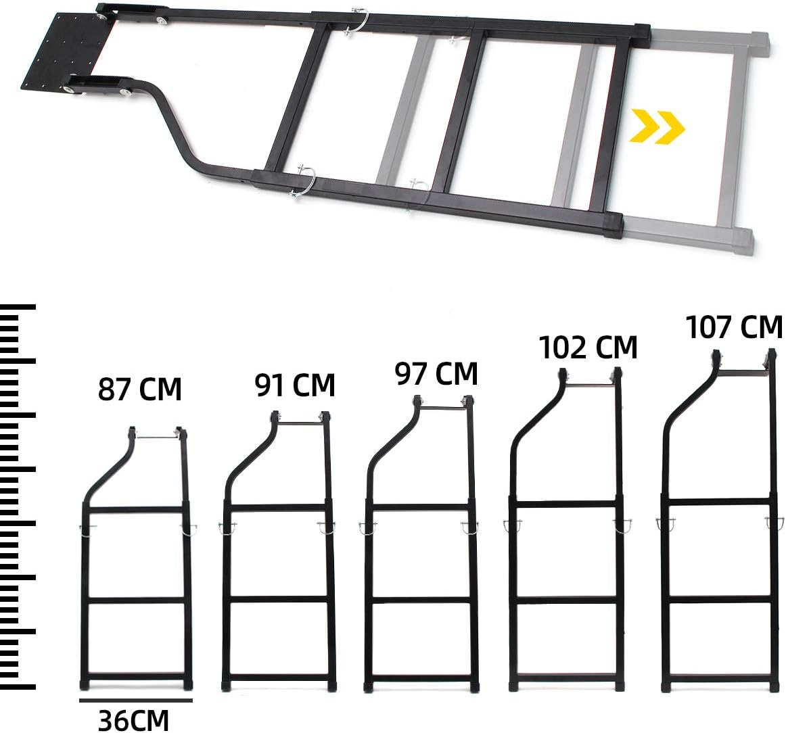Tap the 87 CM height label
(x=140, y=391)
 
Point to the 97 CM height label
(x=436, y=374)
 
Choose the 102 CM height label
(x=588, y=348)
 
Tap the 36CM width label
(x=135, y=719)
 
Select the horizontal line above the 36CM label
(x=135, y=701)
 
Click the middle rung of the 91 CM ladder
(x=278, y=599)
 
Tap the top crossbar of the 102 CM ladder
(x=589, y=385)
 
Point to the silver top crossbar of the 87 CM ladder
(x=156, y=438)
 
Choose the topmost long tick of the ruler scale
(x=18, y=308)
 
